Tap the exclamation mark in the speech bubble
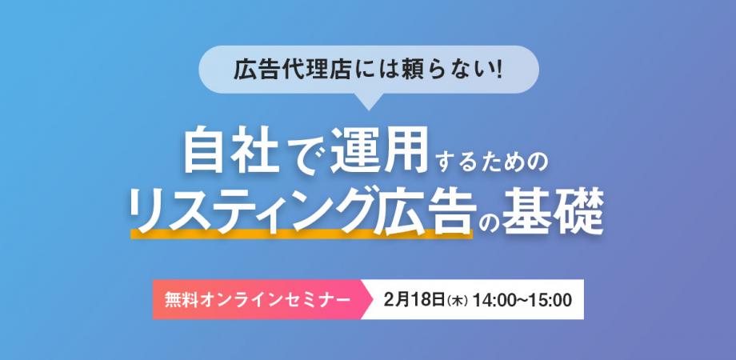click(x=497, y=71)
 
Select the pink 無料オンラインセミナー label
click(x=256, y=300)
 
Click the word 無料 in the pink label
click(x=180, y=300)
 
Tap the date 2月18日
click(x=414, y=300)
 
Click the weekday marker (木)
click(x=457, y=301)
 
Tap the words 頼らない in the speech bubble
click(x=448, y=71)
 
